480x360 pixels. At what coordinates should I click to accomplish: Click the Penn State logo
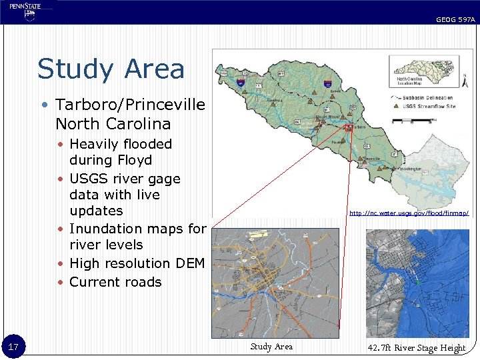coord(26,11)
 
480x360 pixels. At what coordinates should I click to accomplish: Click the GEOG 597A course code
coord(455,20)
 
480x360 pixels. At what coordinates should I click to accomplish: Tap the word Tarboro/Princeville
coord(130,105)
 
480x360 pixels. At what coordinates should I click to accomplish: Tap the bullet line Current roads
coord(115,282)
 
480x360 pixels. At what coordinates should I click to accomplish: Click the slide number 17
coord(13,347)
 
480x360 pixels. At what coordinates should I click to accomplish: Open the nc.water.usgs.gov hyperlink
coord(409,213)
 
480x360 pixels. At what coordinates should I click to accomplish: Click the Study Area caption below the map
coord(271,347)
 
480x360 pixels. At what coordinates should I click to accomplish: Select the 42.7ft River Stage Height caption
coord(417,347)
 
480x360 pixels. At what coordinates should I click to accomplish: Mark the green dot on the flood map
coord(416,283)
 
